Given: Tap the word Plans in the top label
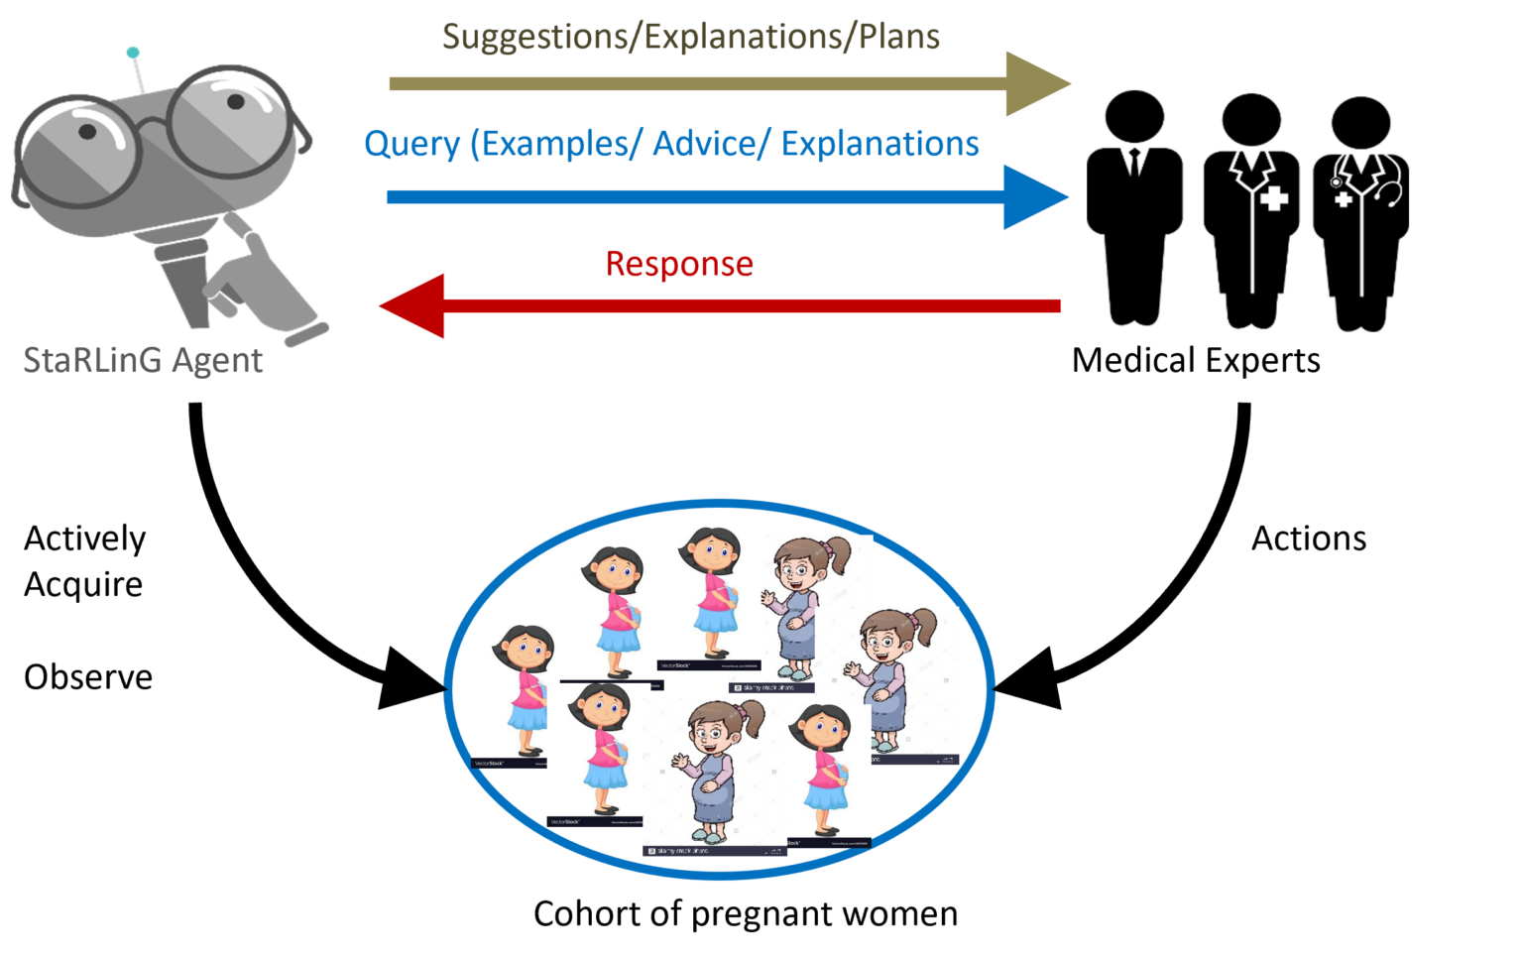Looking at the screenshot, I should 898,38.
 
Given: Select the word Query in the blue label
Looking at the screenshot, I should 411,145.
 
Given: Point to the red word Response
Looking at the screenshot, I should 679,264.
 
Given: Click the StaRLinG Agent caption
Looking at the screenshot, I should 143,360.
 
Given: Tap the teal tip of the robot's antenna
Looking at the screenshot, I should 133,53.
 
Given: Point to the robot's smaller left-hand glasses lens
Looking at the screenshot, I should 77,151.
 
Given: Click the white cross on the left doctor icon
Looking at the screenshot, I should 1274,198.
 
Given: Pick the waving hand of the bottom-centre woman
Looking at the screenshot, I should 679,765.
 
